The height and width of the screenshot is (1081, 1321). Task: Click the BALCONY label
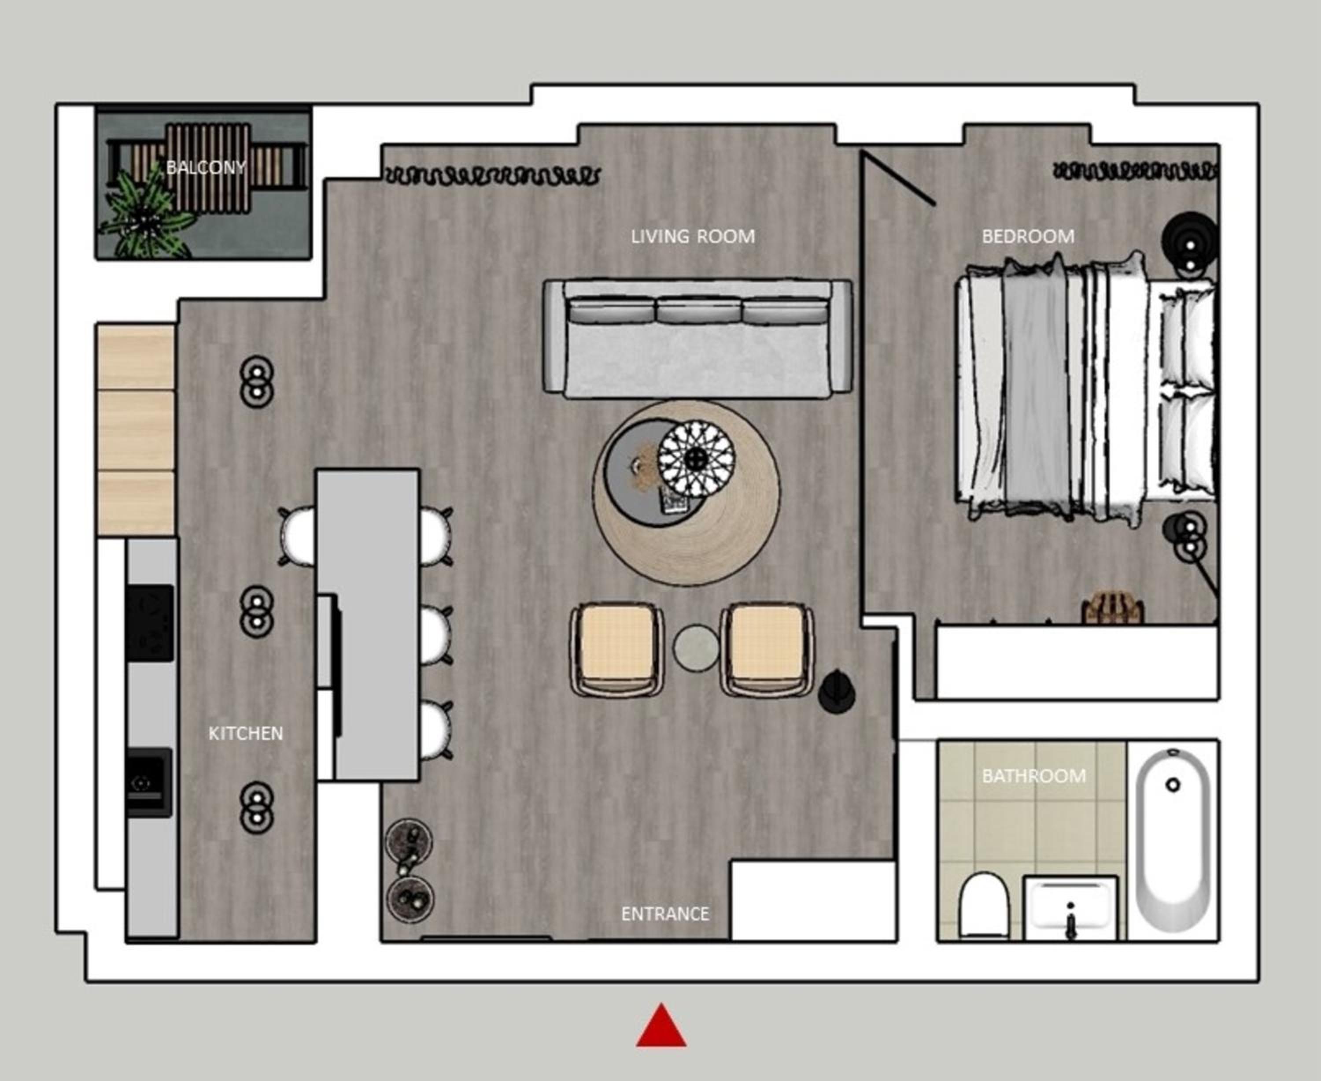[206, 167]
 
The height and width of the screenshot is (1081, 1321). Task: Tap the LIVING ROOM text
[693, 237]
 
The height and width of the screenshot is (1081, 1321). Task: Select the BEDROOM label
[1028, 237]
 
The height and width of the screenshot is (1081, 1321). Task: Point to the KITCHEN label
[245, 733]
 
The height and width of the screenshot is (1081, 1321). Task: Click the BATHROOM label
[1034, 776]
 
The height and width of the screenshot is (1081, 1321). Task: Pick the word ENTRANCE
[665, 914]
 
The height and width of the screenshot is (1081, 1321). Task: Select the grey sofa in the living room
[697, 337]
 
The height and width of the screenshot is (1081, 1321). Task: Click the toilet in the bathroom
[984, 904]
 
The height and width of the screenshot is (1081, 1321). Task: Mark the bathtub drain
[1173, 785]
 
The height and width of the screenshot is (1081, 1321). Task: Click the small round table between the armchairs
[696, 648]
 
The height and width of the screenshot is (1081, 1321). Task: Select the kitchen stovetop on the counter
[150, 623]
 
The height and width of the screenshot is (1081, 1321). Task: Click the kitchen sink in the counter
[149, 782]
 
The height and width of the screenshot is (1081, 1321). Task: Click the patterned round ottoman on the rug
[697, 459]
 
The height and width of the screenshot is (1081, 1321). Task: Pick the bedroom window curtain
[1135, 170]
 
